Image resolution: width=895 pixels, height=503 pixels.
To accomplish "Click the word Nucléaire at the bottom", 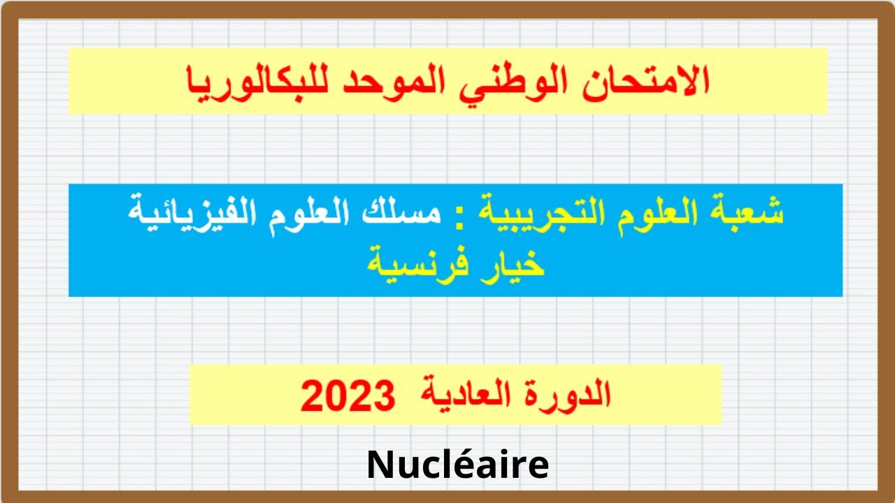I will pos(458,465).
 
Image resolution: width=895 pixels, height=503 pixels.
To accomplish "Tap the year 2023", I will pos(348,396).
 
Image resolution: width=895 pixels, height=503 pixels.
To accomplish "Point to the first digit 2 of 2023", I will pos(313,396).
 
